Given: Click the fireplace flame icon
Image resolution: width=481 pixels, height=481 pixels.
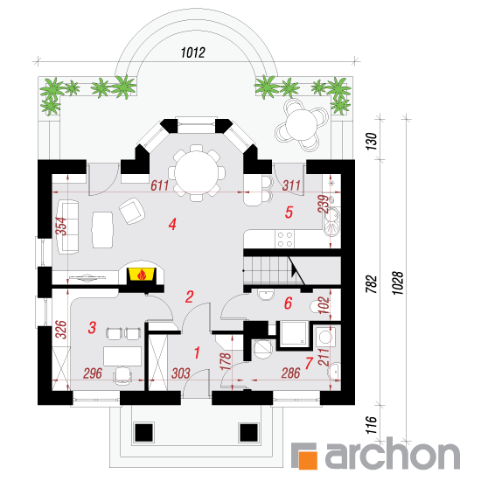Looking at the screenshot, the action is coord(142,274).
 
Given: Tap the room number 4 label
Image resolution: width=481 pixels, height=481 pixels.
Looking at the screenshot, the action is coord(172,224).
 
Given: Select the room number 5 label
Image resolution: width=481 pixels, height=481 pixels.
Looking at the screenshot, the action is coord(289,213).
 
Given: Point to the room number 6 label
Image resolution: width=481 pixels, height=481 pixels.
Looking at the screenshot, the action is coord(288,303).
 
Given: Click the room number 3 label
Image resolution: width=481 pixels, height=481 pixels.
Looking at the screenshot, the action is coord(92,327).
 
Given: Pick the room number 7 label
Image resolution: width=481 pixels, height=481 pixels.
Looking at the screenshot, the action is coord(309,363).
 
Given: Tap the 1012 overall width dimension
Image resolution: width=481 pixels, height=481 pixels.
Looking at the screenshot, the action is coord(192,52).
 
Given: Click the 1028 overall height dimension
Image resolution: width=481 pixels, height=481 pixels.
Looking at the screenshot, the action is coord(398,282).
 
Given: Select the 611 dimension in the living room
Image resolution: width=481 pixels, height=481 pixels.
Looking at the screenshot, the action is coord(159,185).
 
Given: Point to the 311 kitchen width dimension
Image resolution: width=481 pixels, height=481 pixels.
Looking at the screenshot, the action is coord(291,185).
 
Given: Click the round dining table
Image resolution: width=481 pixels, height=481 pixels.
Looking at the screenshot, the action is coord(197,174).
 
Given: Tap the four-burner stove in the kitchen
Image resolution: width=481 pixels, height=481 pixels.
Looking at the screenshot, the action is coord(285,240).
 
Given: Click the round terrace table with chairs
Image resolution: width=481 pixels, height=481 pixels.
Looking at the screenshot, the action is coord(302,124).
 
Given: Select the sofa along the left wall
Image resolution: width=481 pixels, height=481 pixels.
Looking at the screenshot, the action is coord(67,227).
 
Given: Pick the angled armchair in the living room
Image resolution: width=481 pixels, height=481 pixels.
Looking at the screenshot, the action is coord(132,211).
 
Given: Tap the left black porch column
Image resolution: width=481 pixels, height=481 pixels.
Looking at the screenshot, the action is coord(143,433).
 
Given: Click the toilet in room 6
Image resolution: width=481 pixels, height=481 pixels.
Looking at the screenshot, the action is coord(317,307).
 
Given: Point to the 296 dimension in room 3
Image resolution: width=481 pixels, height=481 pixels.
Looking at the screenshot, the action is coord(93,373).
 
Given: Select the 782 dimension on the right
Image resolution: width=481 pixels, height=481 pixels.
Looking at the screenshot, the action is coord(372,283).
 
